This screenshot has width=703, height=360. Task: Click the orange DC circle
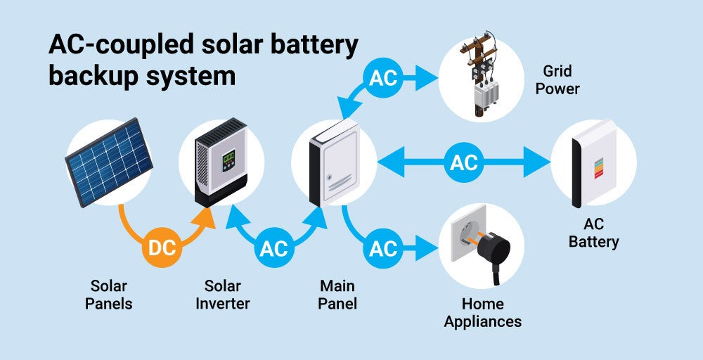[162, 247]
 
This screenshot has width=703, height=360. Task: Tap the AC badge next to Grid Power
[384, 78]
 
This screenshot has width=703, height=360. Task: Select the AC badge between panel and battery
[464, 163]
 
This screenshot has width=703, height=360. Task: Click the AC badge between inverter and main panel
[274, 247]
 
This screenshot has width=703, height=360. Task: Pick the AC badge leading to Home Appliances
[384, 247]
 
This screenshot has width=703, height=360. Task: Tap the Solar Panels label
[109, 295]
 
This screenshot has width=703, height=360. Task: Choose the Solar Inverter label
[222, 295]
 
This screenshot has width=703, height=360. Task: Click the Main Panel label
[337, 295]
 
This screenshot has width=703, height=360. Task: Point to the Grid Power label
[561, 80]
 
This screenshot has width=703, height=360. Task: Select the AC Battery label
[595, 233]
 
